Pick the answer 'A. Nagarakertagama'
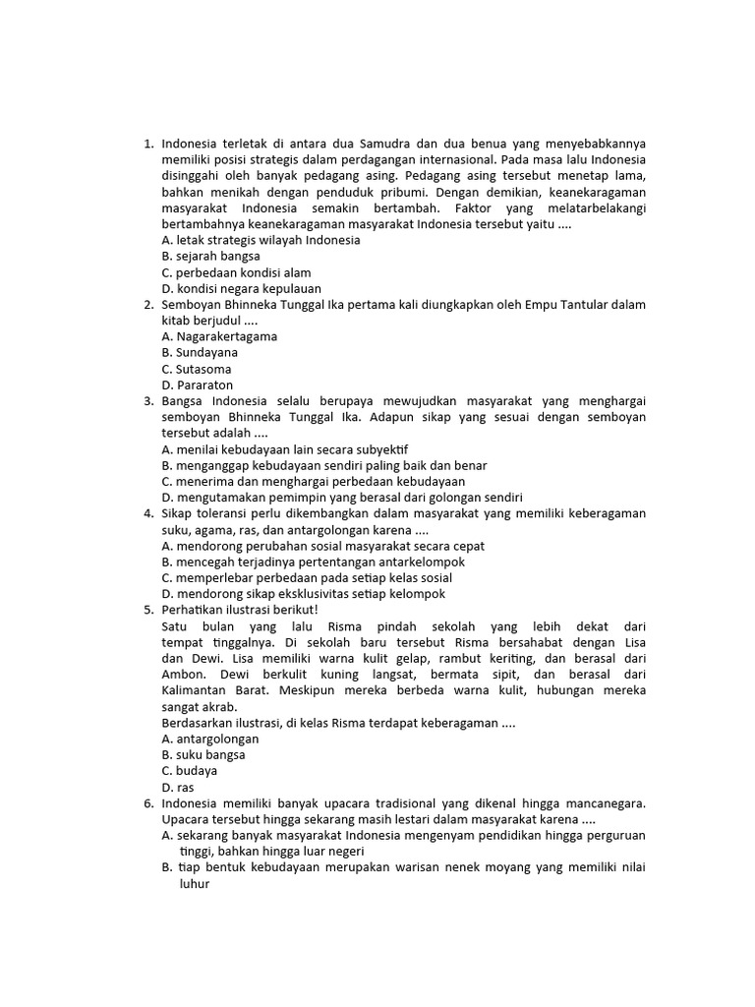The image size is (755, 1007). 219,336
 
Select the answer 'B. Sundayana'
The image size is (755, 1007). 200,352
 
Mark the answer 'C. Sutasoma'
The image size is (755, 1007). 197,369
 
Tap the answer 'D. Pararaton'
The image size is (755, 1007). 198,385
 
